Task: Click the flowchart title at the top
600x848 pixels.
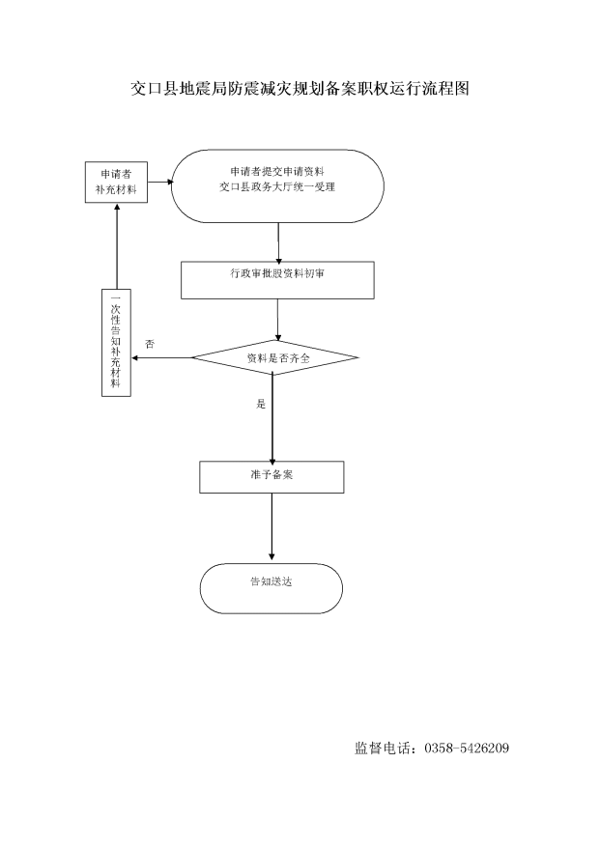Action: pos(300,88)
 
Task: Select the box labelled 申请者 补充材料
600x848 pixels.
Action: pos(116,183)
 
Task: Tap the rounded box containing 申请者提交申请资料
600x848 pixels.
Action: pos(277,186)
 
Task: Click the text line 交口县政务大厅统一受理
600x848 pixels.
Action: pos(277,187)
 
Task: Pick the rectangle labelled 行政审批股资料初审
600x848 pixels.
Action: pos(277,280)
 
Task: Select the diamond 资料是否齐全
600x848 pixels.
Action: pos(274,357)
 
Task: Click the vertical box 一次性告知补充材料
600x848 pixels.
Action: pos(116,343)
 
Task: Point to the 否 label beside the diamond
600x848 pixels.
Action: pos(150,344)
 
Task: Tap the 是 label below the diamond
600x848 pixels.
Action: pos(261,404)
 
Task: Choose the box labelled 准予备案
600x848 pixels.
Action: pos(271,477)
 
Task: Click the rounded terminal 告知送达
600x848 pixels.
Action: pos(271,588)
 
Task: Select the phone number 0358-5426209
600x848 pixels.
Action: pos(467,748)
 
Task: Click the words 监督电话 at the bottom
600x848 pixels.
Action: pos(383,748)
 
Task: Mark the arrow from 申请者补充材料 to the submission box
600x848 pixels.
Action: pos(160,183)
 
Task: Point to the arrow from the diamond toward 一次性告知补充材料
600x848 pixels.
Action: pos(161,357)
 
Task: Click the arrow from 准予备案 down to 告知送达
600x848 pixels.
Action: pos(271,526)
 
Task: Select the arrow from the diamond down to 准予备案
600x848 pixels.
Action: pos(272,418)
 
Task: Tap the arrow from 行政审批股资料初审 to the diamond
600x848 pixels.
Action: pos(278,320)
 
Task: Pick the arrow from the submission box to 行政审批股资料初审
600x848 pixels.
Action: pos(278,242)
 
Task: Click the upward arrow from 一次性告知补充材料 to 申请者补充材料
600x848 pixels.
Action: pos(116,246)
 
